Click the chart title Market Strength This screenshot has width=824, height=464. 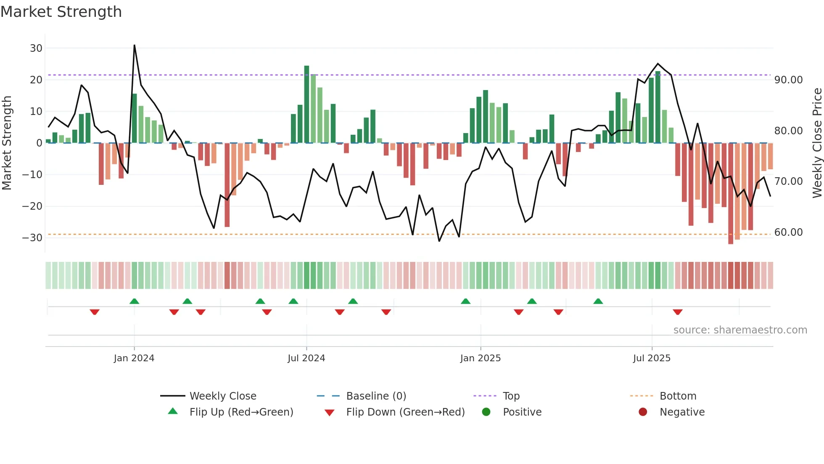tap(61, 12)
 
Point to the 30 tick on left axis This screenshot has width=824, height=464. tap(36, 48)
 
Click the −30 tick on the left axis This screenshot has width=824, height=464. tap(33, 238)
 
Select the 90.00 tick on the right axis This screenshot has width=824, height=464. tap(788, 80)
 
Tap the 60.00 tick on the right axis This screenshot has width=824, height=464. tap(788, 232)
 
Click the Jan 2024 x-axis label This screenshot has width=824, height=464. tap(134, 358)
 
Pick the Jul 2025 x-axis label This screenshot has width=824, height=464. tap(652, 358)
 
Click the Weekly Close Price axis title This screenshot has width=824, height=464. tap(817, 143)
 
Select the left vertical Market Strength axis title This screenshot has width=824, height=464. tap(7, 143)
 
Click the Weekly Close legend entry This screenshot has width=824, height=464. tap(222, 396)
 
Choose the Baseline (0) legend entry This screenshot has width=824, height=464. tap(376, 396)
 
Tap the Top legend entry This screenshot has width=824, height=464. tap(511, 396)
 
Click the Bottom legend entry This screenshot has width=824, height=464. tap(678, 396)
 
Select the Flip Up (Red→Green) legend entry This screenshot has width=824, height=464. tap(241, 412)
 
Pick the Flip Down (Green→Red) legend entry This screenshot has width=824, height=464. tap(405, 412)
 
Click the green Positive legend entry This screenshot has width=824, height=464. tap(522, 412)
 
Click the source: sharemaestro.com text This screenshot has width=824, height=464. tap(740, 330)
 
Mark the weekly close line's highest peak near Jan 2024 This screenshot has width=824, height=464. tap(135, 45)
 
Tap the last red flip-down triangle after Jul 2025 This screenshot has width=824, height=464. tap(677, 312)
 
